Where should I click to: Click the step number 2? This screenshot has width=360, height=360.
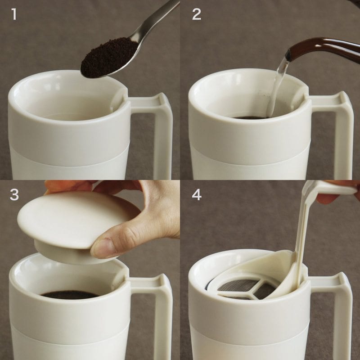tap(197, 14)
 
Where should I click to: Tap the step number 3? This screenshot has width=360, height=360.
tap(14, 196)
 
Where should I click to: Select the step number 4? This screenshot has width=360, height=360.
tap(197, 196)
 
